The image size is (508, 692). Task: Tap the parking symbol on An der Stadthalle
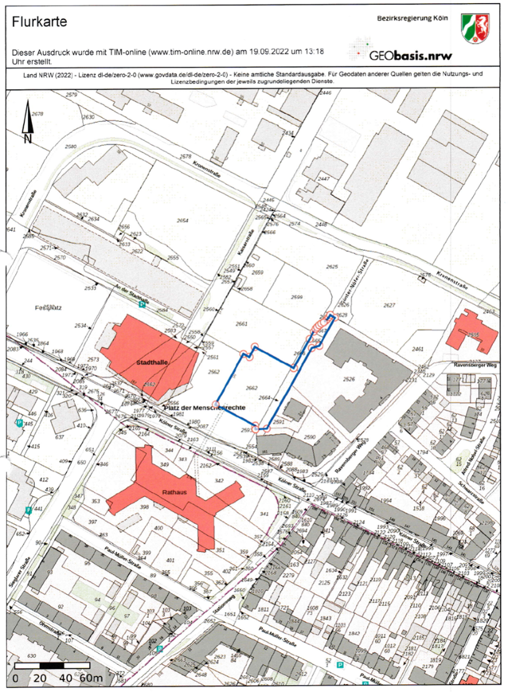point(142,305)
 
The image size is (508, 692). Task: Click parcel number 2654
point(182,220)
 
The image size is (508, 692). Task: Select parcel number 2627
point(389,305)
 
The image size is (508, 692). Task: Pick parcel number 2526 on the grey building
point(349,378)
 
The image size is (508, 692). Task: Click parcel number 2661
point(242,324)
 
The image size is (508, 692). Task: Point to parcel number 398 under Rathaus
point(144,507)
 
